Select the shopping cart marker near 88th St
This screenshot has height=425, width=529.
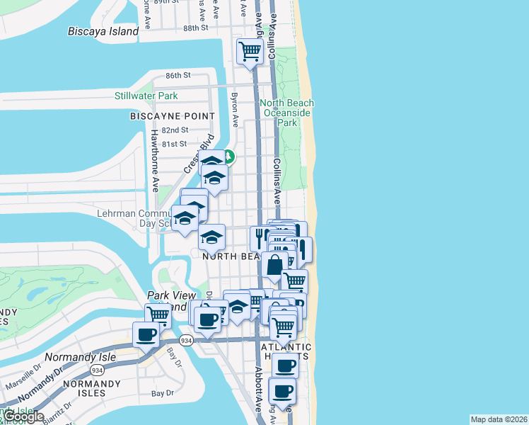click(x=250, y=52)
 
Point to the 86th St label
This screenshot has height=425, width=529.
click(x=178, y=75)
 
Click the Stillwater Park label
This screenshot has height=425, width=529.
click(x=146, y=96)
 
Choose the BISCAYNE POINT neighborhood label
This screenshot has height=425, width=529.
click(x=172, y=115)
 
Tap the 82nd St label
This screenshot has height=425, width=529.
click(x=175, y=130)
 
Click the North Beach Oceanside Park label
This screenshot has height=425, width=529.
click(x=287, y=113)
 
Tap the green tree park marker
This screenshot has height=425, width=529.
click(x=228, y=157)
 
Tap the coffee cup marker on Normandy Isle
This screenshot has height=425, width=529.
click(x=146, y=334)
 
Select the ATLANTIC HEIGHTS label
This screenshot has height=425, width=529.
click(x=286, y=352)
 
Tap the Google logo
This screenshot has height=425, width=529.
click(x=23, y=416)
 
